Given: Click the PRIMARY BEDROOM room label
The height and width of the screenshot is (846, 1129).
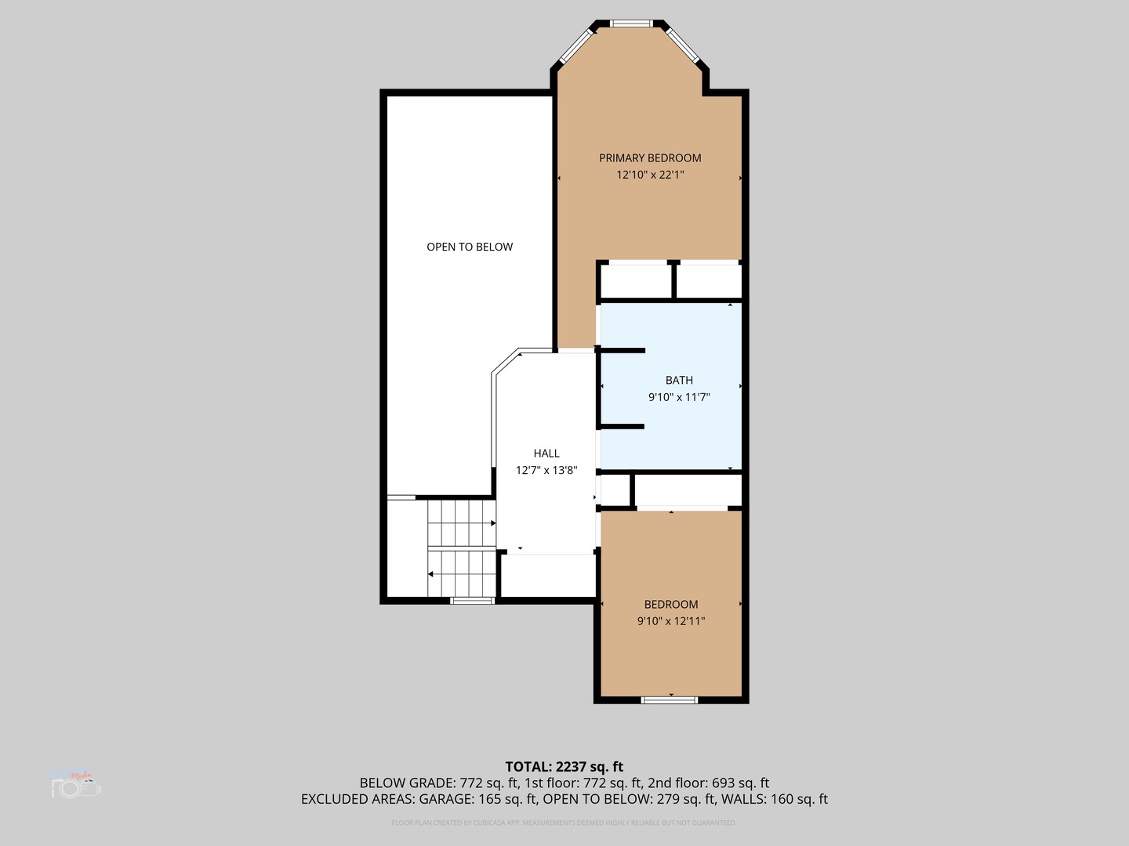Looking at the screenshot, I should pyautogui.click(x=650, y=158).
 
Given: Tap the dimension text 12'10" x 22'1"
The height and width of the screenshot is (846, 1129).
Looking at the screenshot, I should pyautogui.click(x=650, y=175).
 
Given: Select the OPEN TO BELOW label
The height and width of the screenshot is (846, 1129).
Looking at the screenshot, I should pyautogui.click(x=470, y=247).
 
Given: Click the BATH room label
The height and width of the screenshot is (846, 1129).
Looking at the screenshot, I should pyautogui.click(x=679, y=381).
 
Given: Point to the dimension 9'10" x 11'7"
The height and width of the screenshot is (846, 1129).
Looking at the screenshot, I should pyautogui.click(x=679, y=397).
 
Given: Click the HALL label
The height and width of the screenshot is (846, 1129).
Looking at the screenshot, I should pyautogui.click(x=546, y=454).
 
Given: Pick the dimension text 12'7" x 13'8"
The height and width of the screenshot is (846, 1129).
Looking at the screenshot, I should pyautogui.click(x=546, y=470).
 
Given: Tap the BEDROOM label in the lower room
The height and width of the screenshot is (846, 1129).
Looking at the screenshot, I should pyautogui.click(x=671, y=605).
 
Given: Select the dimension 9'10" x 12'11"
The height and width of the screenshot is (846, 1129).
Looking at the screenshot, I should pyautogui.click(x=671, y=621).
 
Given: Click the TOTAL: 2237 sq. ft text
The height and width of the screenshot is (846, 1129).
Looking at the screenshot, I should pyautogui.click(x=564, y=767).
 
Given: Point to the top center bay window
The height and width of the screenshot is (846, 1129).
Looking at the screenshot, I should pyautogui.click(x=631, y=23).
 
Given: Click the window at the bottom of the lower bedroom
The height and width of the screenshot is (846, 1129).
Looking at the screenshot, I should pyautogui.click(x=670, y=700).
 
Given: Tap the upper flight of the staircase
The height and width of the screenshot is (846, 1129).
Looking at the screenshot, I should pyautogui.click(x=461, y=523).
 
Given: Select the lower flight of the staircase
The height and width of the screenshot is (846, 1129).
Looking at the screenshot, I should pyautogui.click(x=461, y=573).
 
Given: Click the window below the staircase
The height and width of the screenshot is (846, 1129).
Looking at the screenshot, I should pyautogui.click(x=472, y=601).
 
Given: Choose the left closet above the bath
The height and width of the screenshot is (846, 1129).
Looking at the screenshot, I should pyautogui.click(x=636, y=280).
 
